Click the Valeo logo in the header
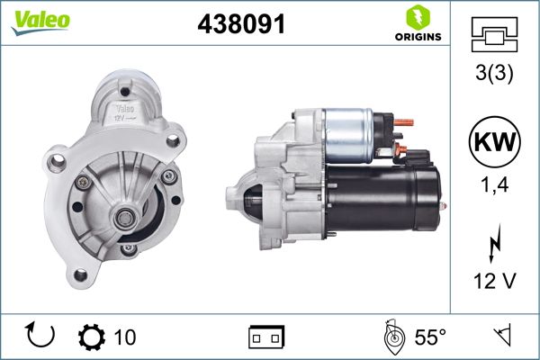[36, 21]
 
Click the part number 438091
[240, 25]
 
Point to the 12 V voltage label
[494, 282]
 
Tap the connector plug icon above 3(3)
[494, 35]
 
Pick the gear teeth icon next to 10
[91, 337]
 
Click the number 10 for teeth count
[125, 337]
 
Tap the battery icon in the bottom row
[265, 337]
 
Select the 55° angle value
[429, 337]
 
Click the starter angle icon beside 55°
[392, 337]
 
